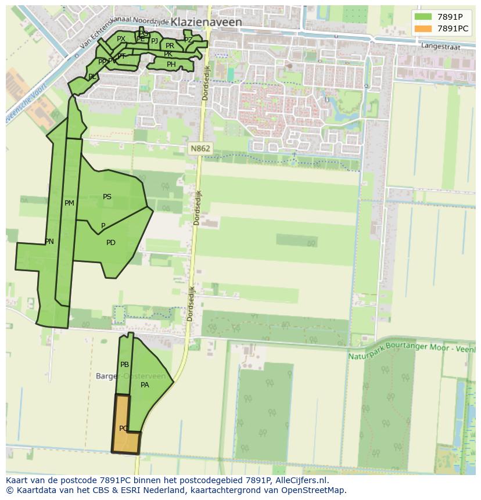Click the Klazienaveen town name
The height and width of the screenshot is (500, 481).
[206, 22]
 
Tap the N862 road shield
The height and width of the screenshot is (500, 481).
[200, 149]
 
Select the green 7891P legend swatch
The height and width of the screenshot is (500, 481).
[423, 17]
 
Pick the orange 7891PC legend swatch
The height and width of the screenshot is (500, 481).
[423, 28]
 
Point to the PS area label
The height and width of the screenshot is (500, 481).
[107, 197]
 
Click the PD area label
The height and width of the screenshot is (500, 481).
[111, 243]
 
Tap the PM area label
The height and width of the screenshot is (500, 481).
[69, 203]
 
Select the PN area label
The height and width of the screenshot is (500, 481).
[49, 242]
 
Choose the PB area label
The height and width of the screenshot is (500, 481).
[124, 365]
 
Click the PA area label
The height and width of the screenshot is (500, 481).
[145, 384]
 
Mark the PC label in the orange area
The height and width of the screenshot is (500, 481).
[123, 429]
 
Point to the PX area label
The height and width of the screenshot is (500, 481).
[121, 39]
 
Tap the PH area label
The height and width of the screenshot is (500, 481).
[171, 64]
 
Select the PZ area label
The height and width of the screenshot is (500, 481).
[188, 39]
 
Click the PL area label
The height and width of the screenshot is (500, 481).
[92, 77]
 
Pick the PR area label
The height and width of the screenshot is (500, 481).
[170, 45]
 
